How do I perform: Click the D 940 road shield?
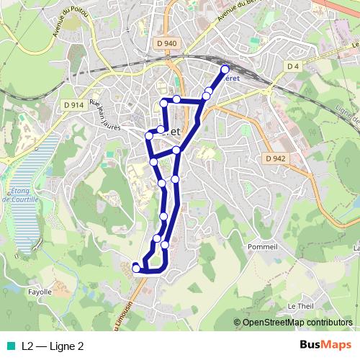coord(166,43)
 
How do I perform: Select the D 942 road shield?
coord(275,158)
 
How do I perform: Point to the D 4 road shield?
coord(292,66)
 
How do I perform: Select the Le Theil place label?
coord(300,306)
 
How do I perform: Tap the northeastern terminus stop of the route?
coord(225,70)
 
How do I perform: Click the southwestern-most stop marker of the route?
coord(136,269)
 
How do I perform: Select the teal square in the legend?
coord(9,346)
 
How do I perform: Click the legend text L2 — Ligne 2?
coord(53,346)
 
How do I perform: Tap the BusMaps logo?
coord(325,345)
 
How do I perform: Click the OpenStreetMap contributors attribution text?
coord(297,323)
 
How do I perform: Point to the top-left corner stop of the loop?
coord(164,104)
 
